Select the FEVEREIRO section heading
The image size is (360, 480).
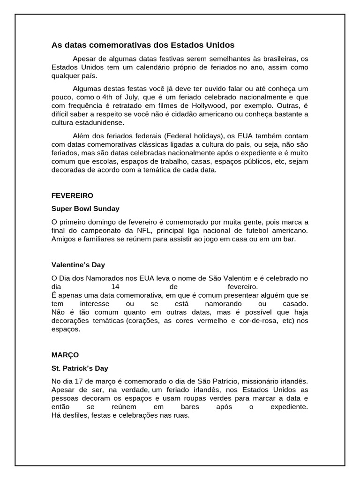point(72,195)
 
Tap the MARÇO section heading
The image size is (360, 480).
point(65,355)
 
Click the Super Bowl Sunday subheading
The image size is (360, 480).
point(85,209)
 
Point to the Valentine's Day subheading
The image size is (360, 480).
point(78,265)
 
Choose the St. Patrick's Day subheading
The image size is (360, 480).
point(80,368)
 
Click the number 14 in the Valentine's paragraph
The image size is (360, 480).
point(115,286)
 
